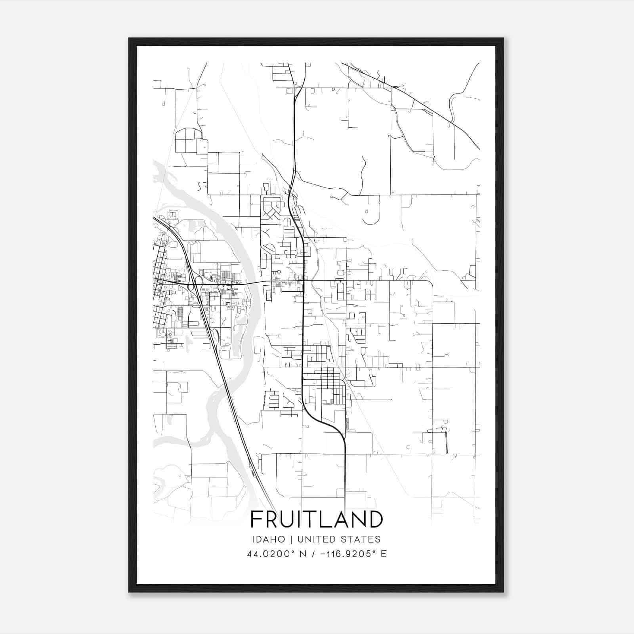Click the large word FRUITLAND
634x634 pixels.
point(317,519)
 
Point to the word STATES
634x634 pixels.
point(362,539)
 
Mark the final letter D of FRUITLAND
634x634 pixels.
point(376,519)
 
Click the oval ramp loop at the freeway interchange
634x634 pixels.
point(199,280)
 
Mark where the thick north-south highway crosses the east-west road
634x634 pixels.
point(304,281)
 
